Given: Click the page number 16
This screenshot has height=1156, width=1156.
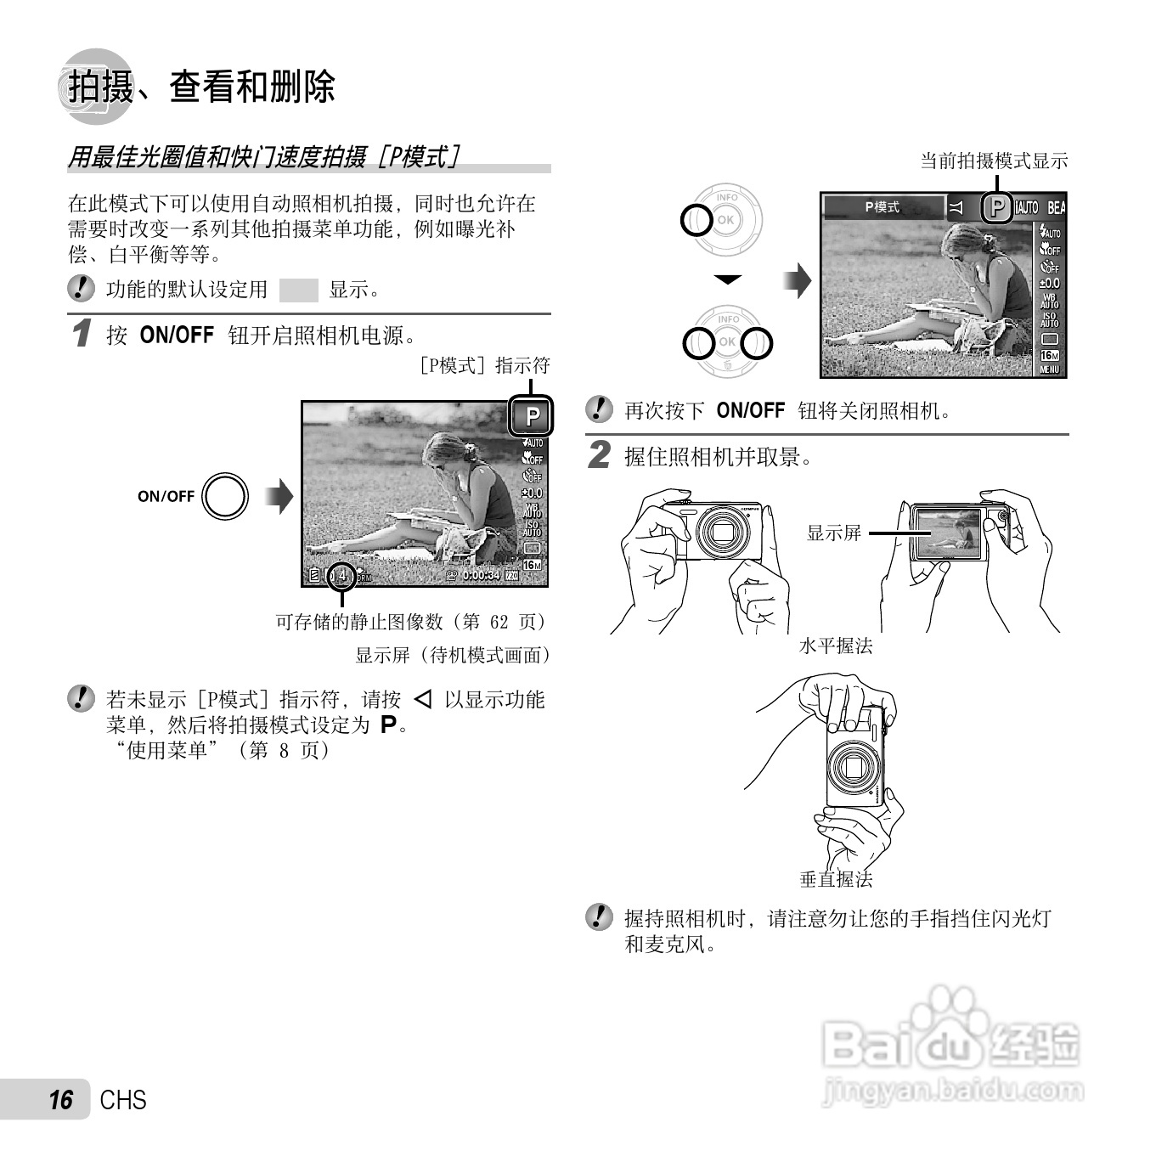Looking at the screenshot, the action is tap(60, 1100).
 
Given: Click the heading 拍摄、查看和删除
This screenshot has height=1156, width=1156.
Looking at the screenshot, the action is tap(201, 87).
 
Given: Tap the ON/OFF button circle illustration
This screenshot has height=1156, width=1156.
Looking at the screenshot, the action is tap(225, 496).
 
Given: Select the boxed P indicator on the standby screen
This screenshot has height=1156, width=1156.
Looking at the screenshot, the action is tap(532, 417).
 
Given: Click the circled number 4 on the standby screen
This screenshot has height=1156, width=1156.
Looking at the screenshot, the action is tap(341, 575).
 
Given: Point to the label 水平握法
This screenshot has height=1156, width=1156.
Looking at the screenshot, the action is tap(836, 646).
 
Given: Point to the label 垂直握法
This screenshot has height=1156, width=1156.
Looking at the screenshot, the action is tap(836, 879).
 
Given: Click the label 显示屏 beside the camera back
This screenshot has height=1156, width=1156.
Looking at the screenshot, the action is tap(833, 533).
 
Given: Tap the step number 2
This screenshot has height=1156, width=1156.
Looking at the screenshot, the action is tap(599, 455).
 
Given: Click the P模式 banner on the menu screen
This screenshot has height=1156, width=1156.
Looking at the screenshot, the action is tap(883, 207).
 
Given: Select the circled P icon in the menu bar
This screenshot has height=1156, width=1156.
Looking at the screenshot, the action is tap(996, 207).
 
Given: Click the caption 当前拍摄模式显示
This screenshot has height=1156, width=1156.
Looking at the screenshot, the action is tap(994, 161).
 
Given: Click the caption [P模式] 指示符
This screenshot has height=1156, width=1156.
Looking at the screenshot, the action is tap(485, 365).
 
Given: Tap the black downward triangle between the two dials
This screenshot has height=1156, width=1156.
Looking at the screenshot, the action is tap(728, 279).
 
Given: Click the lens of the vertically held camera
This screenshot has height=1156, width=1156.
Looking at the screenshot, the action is tap(849, 768).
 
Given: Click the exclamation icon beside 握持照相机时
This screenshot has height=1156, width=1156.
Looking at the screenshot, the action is tap(599, 917).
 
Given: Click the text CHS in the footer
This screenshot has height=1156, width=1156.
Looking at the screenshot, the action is tap(123, 1100).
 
